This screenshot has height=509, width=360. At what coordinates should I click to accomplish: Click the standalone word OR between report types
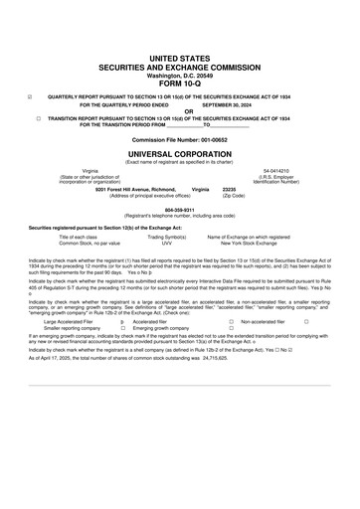[179, 110]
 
